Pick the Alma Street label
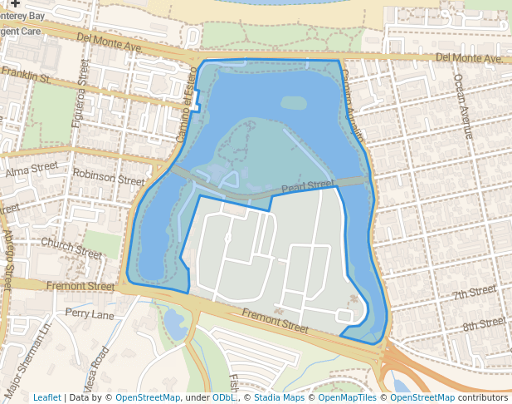32,170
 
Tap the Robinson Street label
108,176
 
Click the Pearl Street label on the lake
307,186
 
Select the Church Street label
70,247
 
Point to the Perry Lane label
90,315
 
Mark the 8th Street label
484,323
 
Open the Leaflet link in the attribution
46,397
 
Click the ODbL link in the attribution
224,397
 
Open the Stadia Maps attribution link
279,397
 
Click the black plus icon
15,3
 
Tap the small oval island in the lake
293,103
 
